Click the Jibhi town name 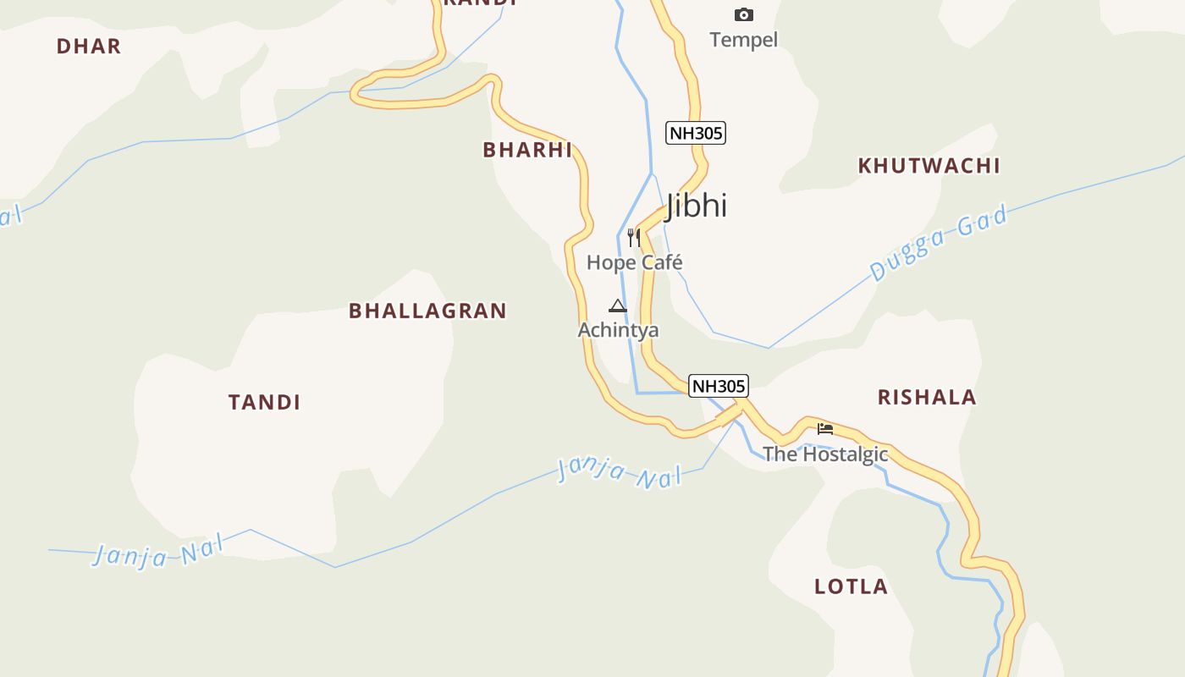click(x=696, y=206)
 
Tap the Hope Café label click(x=634, y=262)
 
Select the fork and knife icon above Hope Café click(x=634, y=237)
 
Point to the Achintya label click(x=618, y=330)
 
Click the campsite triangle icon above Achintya click(x=618, y=305)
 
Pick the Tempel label click(x=743, y=40)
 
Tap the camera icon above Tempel click(x=744, y=14)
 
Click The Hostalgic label click(x=825, y=454)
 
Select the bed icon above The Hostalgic click(x=825, y=429)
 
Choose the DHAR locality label click(x=89, y=47)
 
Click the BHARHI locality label click(x=527, y=150)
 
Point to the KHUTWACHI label click(x=929, y=166)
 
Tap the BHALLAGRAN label click(x=427, y=311)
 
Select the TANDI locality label click(x=264, y=402)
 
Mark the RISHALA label click(x=927, y=397)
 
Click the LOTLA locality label click(x=851, y=586)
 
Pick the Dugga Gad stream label click(x=940, y=243)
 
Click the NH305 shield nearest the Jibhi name click(x=696, y=133)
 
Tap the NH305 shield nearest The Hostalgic click(x=719, y=386)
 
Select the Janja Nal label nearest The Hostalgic click(x=620, y=472)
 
